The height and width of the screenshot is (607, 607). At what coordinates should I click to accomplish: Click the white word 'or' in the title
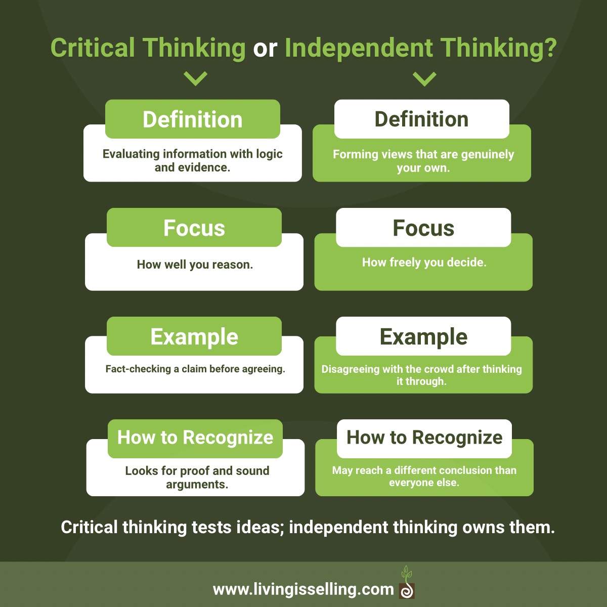265,49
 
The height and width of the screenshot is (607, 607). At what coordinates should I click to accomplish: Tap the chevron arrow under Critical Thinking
195,78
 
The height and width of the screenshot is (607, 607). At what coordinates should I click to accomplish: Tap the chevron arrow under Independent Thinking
424,78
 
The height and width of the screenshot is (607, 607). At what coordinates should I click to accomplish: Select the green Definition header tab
193,119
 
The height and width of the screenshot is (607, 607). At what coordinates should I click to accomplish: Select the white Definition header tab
421,119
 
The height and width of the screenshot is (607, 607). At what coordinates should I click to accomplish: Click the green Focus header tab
194,228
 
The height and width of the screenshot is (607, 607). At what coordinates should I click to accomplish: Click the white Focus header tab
423,228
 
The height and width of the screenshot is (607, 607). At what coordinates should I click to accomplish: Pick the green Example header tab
194,336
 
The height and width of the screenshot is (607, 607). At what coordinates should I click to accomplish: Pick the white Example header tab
423,336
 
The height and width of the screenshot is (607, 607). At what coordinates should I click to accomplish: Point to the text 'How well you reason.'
195,265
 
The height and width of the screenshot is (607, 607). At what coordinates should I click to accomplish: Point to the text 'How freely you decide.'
424,262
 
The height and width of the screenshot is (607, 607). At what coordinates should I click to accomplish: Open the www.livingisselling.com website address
303,589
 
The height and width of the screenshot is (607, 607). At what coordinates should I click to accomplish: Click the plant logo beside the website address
407,583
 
